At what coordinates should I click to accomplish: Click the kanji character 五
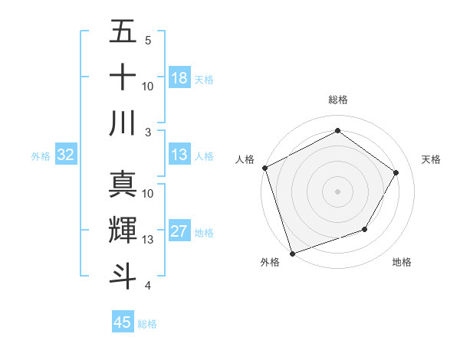(123, 33)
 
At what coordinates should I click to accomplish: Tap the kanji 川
(123, 123)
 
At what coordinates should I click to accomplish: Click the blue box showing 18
(179, 78)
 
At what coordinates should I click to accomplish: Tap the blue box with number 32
(65, 155)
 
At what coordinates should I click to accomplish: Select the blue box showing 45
(123, 322)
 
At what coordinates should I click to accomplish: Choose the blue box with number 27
(179, 232)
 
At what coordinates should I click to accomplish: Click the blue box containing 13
(179, 155)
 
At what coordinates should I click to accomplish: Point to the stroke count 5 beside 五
(148, 40)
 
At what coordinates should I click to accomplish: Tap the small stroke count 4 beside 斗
(148, 286)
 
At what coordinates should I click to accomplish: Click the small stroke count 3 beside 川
(148, 132)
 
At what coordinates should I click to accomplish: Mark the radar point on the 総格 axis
(337, 131)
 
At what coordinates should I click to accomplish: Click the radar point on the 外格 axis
(292, 253)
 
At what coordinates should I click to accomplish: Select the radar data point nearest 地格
(365, 229)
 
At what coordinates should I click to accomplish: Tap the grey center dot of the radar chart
(337, 191)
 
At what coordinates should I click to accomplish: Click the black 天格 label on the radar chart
(431, 159)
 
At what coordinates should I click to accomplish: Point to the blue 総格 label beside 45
(147, 324)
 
